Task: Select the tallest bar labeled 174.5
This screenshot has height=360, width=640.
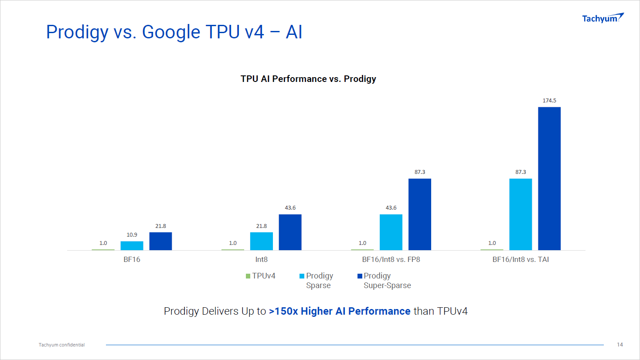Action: pos(549,178)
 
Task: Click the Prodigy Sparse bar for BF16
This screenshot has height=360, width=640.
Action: pos(132,245)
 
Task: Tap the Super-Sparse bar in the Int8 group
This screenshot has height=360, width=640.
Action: pos(290,232)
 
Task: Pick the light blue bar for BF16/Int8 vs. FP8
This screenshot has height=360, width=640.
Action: pos(391,232)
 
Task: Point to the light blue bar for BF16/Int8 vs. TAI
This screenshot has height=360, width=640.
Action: pos(520,214)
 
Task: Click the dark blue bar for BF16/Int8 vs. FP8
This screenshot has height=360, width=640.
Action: pos(419,214)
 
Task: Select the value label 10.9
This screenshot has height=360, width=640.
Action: pos(132,235)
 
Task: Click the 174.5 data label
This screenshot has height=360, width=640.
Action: pos(549,101)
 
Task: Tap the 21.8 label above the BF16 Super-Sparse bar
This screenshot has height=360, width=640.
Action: pos(160,226)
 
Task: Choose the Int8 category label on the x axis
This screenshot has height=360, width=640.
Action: pos(261,260)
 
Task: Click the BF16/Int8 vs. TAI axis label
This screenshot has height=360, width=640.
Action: pos(520,260)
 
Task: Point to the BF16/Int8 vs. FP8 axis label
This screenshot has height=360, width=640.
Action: pos(391,260)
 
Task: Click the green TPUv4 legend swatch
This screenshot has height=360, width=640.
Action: pos(248,276)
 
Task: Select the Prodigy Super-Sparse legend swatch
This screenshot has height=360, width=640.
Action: pos(360,276)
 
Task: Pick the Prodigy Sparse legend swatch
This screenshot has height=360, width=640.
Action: pos(302,276)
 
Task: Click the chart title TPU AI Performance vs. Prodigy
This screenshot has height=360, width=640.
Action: pos(308,79)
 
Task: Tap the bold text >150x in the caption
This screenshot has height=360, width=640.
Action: pos(283,311)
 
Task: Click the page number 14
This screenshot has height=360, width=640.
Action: pos(620,345)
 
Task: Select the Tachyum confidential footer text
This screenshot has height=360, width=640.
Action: pos(61,345)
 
